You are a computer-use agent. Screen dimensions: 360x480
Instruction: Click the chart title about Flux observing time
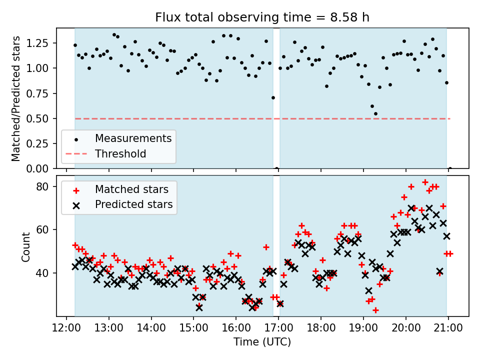(262, 17)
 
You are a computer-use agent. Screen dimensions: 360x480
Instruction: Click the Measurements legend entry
(133, 138)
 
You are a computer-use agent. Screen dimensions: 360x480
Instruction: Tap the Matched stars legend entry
(131, 189)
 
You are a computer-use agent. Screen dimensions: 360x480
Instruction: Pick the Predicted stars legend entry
(133, 204)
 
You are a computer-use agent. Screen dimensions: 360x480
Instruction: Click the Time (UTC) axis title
(262, 342)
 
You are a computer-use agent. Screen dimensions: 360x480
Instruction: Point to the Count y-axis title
(25, 246)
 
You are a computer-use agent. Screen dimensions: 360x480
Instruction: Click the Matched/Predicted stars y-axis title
(16, 98)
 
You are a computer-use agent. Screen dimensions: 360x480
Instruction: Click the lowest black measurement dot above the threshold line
(375, 113)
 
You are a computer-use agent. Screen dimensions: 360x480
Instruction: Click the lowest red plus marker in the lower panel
(375, 310)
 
